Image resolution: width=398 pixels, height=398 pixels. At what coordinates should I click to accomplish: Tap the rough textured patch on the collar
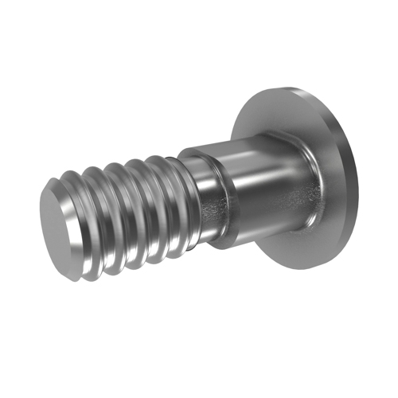[213, 211]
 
